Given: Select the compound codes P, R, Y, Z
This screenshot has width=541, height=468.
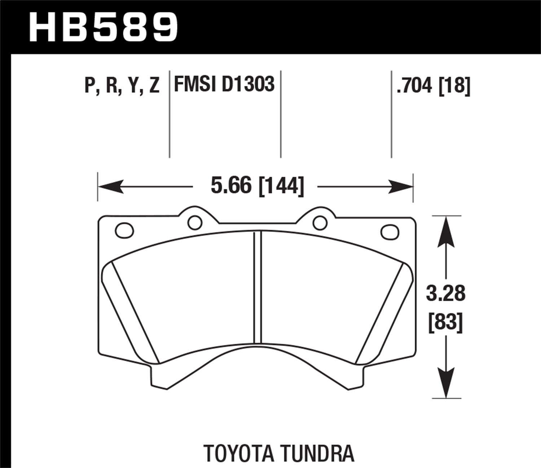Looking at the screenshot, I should pos(122,86).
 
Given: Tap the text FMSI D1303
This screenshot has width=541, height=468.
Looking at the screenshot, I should pos(224,84).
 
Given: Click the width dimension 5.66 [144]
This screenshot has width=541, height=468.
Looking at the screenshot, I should pos(257,186).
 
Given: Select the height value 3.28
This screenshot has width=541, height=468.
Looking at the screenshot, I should pos(446,293).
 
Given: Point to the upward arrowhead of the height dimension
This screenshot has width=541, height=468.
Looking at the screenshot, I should pos(446,231).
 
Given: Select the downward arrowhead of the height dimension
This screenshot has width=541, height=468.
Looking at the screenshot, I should pos(446,383).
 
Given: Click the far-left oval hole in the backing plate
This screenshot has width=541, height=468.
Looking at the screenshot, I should pos(124,230).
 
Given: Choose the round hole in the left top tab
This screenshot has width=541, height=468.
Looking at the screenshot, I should pos(195,222).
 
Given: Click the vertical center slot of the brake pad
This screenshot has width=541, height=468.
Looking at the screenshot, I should pos(257,287).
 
